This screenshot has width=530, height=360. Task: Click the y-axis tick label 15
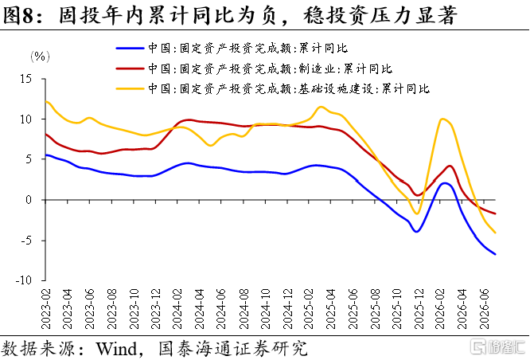[x=25, y=79]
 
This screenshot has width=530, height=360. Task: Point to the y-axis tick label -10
[x=23, y=280]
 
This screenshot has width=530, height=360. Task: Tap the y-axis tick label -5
[x=25, y=241]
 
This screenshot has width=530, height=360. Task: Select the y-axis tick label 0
[x=29, y=200]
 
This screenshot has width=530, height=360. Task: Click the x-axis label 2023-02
[x=45, y=309]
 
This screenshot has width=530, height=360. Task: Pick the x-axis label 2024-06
[x=220, y=309]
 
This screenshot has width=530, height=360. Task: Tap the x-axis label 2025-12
[x=419, y=309]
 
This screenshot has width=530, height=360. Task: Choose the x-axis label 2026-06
[x=485, y=309]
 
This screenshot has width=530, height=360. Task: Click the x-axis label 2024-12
[x=287, y=309]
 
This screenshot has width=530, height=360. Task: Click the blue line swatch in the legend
[x=130, y=49]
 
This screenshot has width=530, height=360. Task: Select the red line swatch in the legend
[x=130, y=68]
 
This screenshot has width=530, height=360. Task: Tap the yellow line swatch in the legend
[x=130, y=88]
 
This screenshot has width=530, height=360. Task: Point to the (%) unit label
[x=40, y=57]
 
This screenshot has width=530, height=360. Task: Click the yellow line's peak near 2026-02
[x=442, y=119]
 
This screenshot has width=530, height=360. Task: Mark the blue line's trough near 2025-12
[x=417, y=232]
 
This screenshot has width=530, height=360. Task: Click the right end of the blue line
[x=495, y=254]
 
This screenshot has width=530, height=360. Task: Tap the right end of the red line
[x=495, y=213]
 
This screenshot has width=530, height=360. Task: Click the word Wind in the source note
[x=116, y=349]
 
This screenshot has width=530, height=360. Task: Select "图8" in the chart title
[x=18, y=15]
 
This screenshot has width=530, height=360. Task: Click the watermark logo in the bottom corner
[x=498, y=346]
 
